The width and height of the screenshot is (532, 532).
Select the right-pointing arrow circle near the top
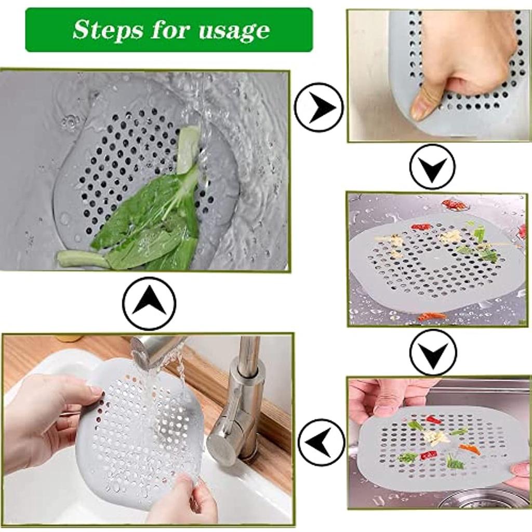pos(318,108)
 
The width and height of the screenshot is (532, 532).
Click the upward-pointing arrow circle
pos(149,303)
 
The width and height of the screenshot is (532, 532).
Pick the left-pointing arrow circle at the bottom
pos(321,442)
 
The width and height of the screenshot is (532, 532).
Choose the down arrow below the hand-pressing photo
pos(432,167)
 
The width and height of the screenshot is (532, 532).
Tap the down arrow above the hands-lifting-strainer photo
pos(432,352)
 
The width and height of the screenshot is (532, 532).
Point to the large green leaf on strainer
pos(140,218)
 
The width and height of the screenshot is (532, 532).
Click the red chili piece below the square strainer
pos(431,316)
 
